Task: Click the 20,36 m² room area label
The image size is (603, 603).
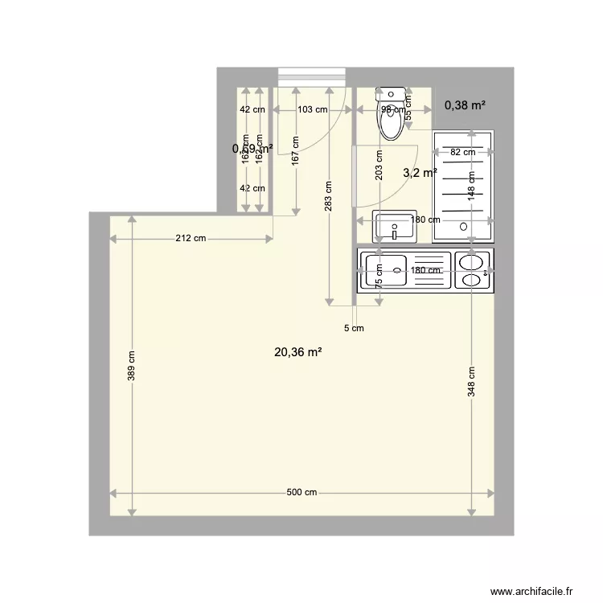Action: tap(298, 351)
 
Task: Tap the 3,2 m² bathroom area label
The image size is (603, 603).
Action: tap(420, 173)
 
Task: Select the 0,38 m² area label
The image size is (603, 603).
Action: tap(466, 105)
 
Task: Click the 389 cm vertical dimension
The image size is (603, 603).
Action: tap(132, 367)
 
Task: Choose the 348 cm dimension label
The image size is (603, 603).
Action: tap(472, 382)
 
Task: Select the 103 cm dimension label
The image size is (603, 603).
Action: tap(311, 109)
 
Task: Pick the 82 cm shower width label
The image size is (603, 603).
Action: tap(462, 152)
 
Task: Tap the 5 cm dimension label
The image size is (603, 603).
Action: tap(354, 328)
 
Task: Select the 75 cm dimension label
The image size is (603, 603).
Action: tap(379, 276)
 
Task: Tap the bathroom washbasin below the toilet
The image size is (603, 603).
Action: tap(395, 228)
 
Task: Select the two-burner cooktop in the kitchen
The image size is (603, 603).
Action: tap(473, 270)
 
